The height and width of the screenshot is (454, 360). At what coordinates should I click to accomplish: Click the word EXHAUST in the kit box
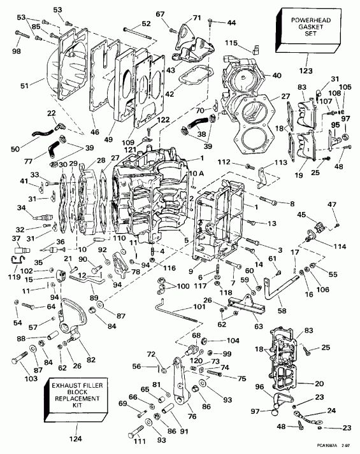click(57, 386)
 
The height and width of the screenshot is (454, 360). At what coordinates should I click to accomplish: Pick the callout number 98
click(16, 51)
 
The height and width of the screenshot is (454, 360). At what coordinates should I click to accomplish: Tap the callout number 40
click(276, 75)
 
